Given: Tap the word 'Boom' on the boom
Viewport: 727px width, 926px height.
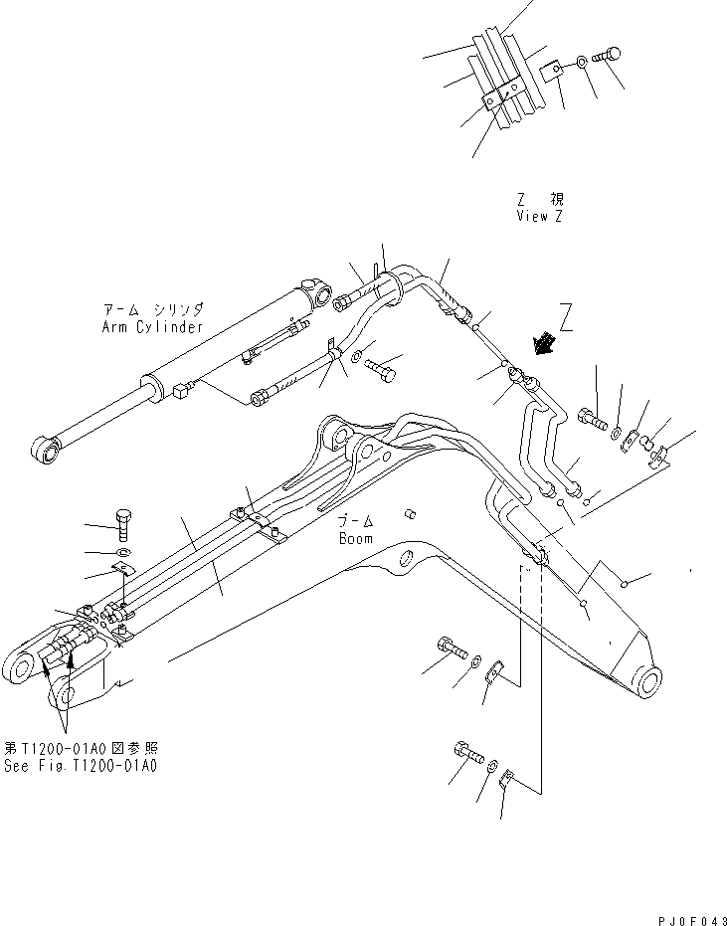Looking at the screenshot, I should (x=354, y=538).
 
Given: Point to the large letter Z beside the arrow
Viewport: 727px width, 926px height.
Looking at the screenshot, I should (x=566, y=319).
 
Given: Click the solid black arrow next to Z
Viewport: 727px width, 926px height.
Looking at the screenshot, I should (x=543, y=344).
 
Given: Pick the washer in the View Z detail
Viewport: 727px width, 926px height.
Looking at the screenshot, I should (x=580, y=67).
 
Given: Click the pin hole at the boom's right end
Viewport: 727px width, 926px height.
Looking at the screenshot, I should (x=647, y=684).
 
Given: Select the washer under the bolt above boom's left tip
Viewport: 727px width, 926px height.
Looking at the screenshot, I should (x=121, y=552).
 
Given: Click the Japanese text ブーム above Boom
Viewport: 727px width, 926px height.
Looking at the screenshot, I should (x=354, y=521).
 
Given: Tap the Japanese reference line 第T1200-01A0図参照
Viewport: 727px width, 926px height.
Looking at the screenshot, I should (x=81, y=748).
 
